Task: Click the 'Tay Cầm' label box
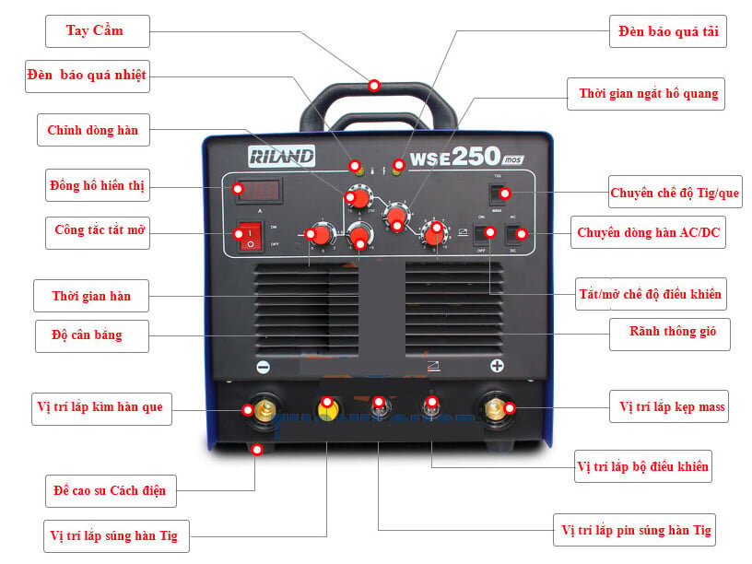pos(96,31)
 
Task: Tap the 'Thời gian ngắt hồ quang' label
pos(648,94)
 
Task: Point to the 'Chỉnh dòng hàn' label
pos(93,131)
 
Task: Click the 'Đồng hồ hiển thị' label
pos(97,186)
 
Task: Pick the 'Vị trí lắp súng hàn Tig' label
pos(114,536)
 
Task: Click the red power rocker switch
pos(250,236)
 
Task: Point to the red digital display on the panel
pos(258,191)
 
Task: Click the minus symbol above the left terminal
pos(263,367)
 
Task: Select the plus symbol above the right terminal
pos(498,367)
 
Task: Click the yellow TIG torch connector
pos(326,405)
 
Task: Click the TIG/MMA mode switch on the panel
pos(499,193)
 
